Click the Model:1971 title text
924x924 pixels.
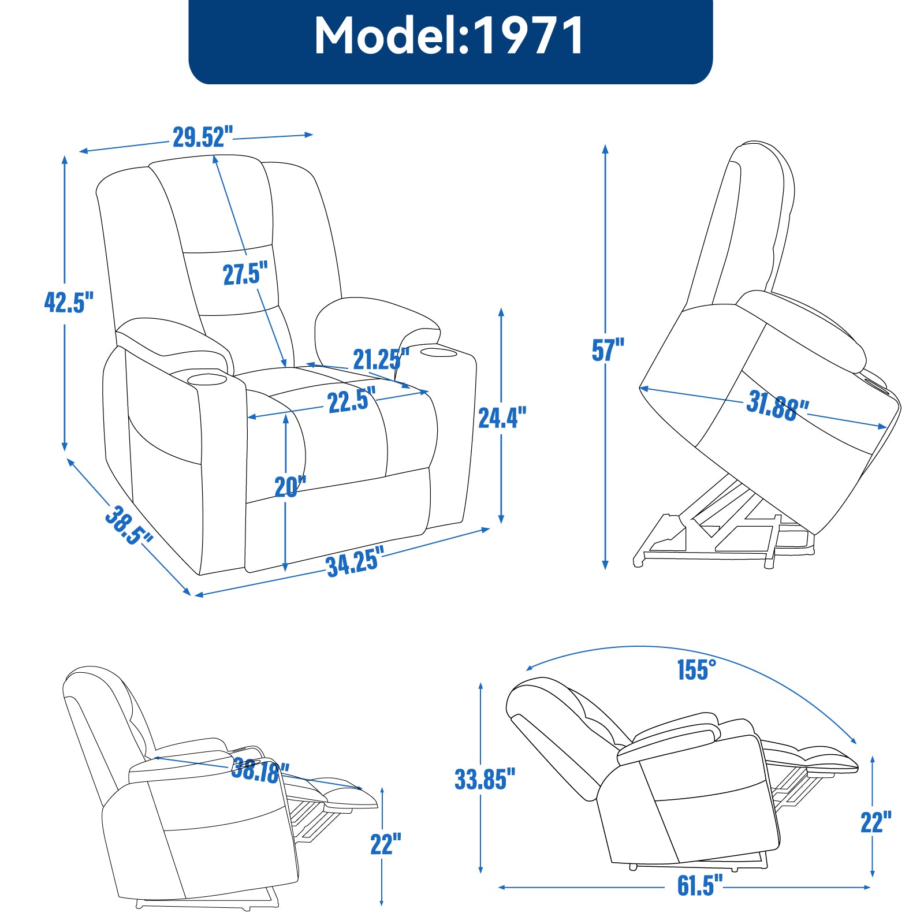click(449, 36)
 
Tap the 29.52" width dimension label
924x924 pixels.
click(202, 137)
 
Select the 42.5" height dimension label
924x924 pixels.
click(68, 302)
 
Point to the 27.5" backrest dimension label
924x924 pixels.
click(245, 273)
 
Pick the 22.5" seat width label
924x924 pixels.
click(351, 400)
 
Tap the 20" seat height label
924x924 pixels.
click(290, 487)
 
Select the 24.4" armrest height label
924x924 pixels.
click(502, 418)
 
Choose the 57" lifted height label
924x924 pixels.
click(608, 350)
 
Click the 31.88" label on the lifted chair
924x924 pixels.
click(777, 405)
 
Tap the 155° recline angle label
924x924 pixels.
click(696, 670)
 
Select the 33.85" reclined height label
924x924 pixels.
click(484, 779)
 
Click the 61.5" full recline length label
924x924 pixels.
click(699, 885)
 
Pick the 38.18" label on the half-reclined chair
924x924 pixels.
click(260, 770)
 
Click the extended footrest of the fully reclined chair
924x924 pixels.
click(820, 759)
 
